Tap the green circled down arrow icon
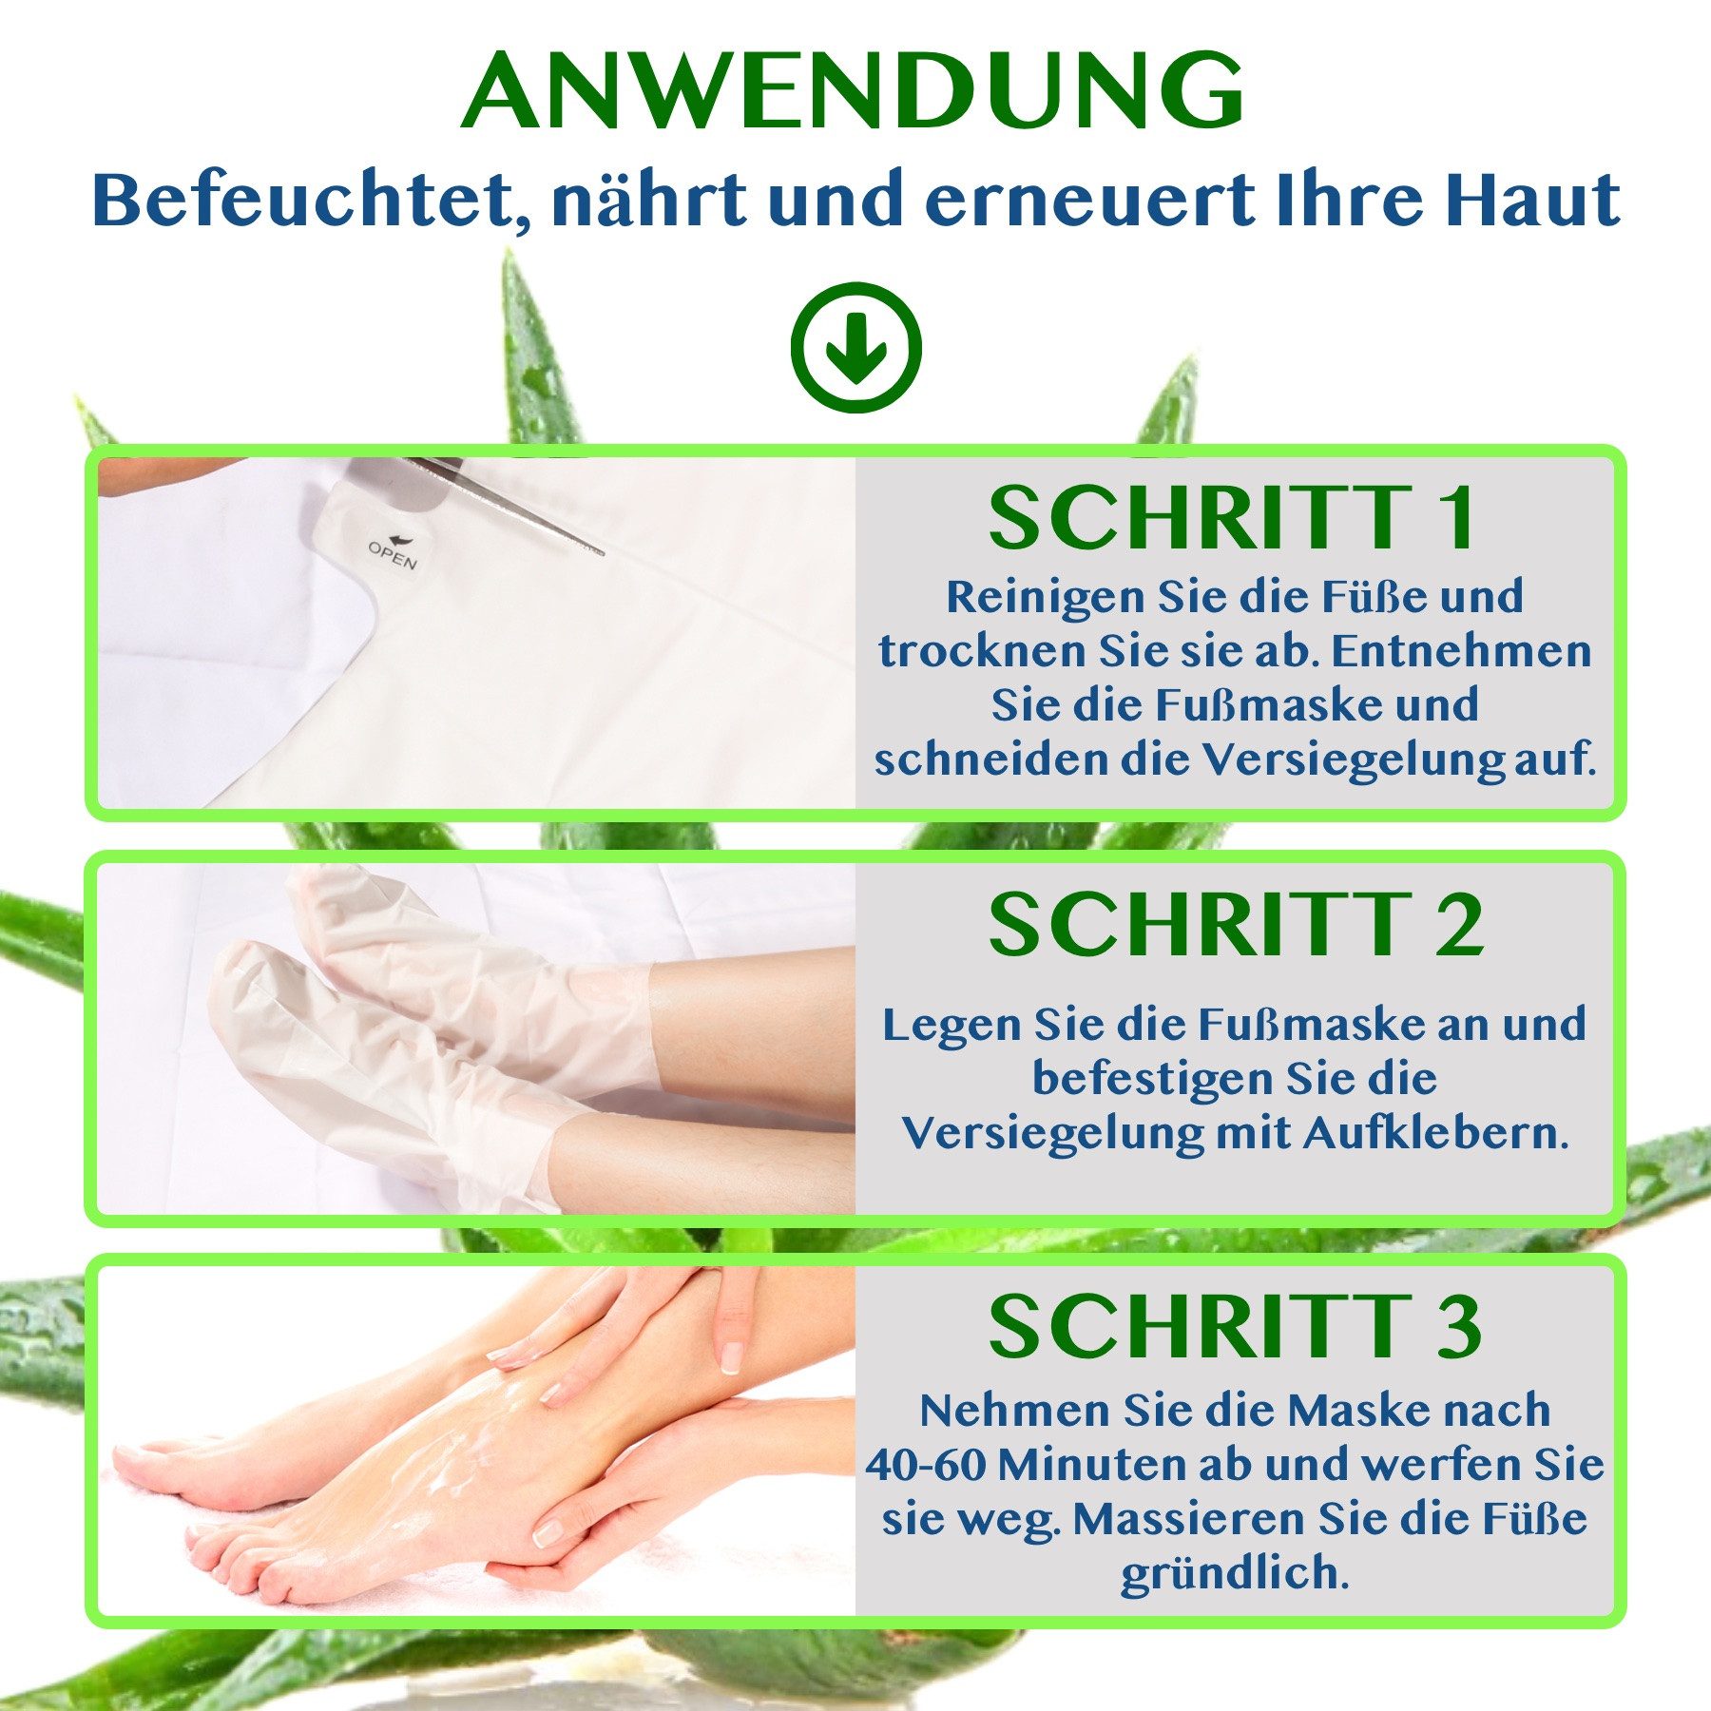tap(855, 347)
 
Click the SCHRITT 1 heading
tap(1233, 518)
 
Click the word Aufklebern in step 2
tap(1435, 1133)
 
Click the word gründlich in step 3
tap(1234, 1574)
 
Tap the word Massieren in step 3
tap(1188, 1519)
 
